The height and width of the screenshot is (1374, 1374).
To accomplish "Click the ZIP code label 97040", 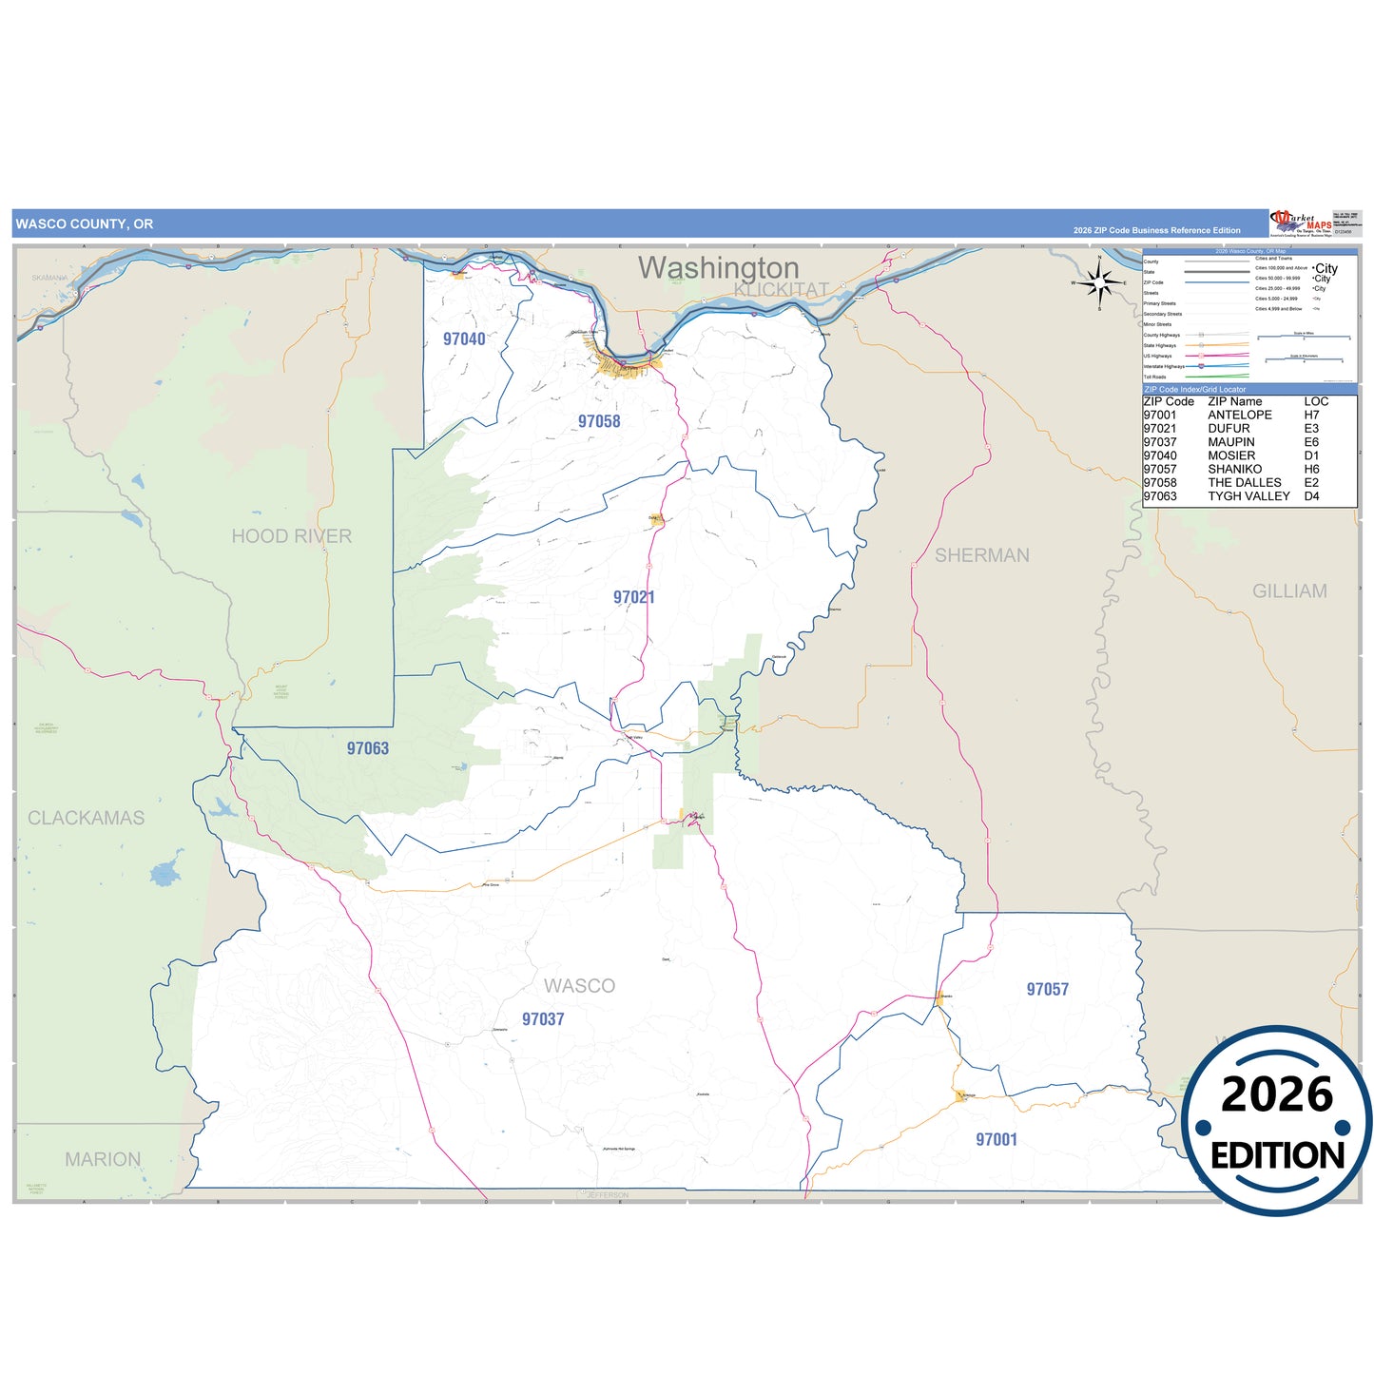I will (x=464, y=339).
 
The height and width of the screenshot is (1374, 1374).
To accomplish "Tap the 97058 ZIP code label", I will (x=599, y=421).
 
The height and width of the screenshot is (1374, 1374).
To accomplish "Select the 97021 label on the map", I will (x=634, y=597).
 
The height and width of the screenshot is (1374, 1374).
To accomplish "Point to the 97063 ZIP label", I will (x=368, y=748).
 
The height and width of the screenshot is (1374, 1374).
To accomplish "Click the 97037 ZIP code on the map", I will (x=543, y=1019).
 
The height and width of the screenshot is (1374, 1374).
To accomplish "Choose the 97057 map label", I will (x=1048, y=989).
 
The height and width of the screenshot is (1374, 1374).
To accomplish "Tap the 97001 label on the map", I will (x=997, y=1139).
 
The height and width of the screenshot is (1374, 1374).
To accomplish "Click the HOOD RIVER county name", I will (x=292, y=536).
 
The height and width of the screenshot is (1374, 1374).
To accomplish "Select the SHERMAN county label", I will (x=982, y=555).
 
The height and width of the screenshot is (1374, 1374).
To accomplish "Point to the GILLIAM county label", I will (x=1289, y=591).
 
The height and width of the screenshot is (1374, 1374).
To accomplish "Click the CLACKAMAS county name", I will (x=87, y=818).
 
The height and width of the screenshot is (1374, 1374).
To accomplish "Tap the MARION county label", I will (x=103, y=1159).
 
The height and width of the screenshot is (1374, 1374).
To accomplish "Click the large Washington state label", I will (x=718, y=267).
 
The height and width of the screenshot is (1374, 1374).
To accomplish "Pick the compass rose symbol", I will (x=1099, y=282).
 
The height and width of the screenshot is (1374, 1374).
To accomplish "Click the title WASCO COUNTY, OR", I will (x=85, y=224).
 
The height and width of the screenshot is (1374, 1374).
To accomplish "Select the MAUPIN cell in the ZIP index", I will (x=1230, y=442).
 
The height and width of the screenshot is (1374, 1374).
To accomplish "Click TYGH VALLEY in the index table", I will (x=1248, y=496).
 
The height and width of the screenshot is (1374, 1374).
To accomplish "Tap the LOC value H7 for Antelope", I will (x=1311, y=416).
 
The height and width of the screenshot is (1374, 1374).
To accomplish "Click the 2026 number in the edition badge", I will (x=1277, y=1094).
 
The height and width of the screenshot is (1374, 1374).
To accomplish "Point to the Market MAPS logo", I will (x=1301, y=223).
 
